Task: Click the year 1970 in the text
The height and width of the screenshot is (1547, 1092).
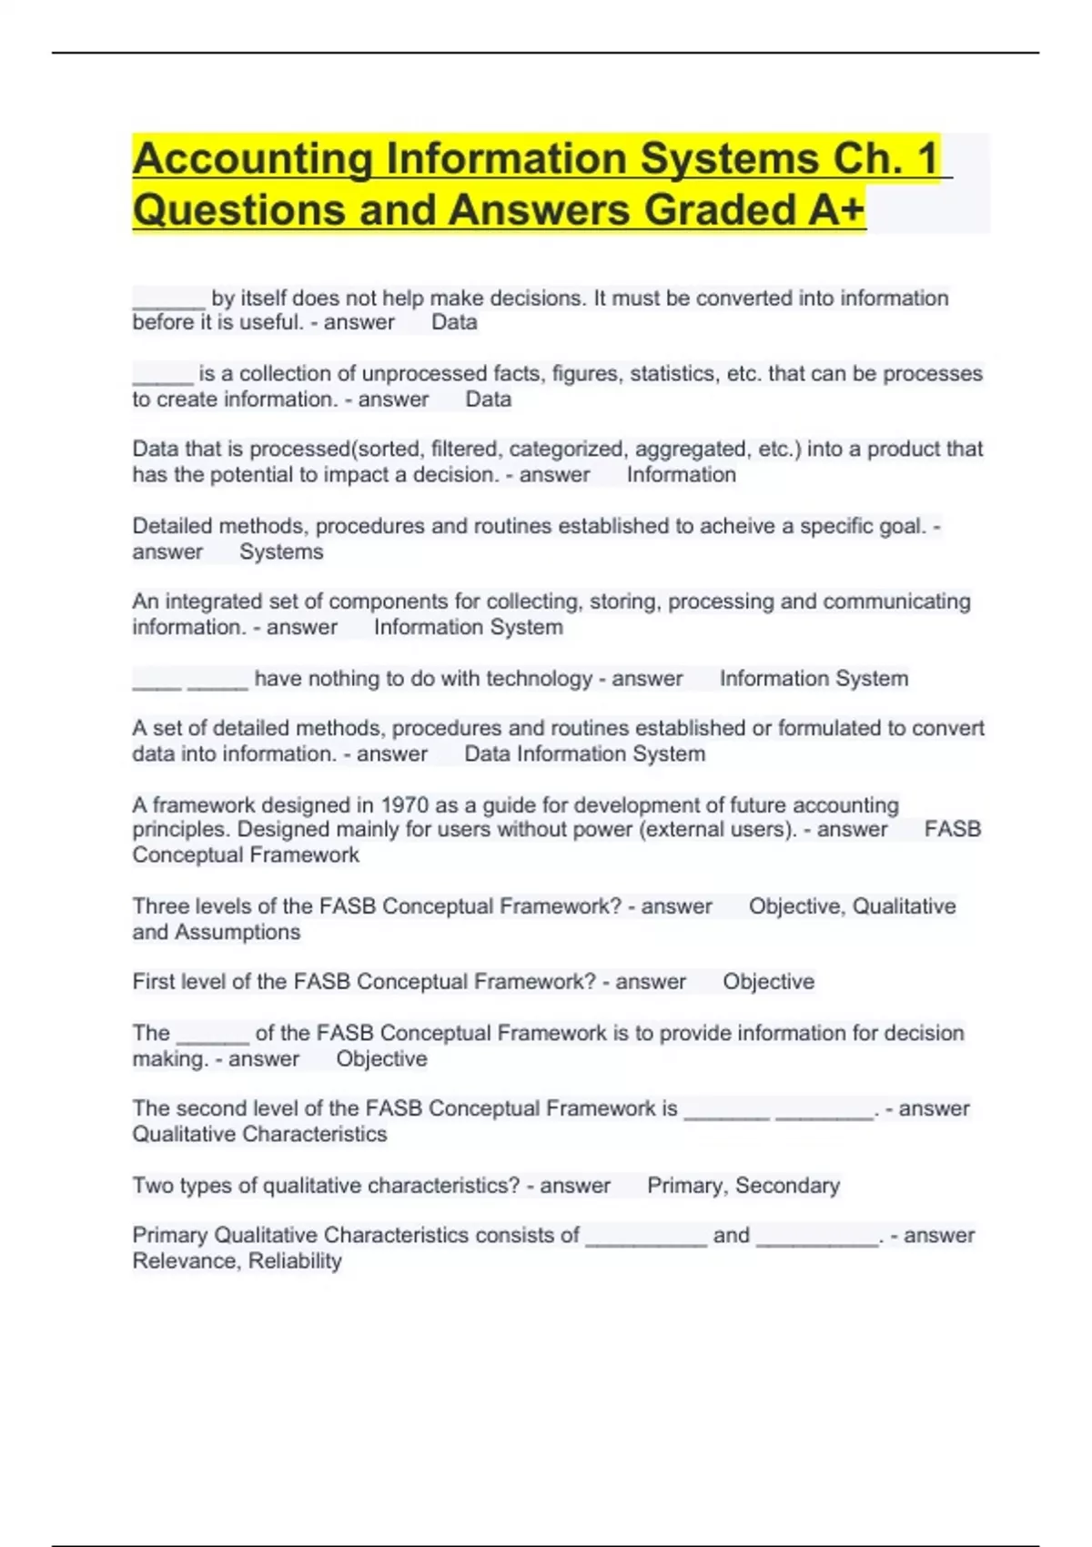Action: point(405,805)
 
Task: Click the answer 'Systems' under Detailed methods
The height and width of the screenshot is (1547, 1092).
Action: point(281,552)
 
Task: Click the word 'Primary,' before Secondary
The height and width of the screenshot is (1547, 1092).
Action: point(687,1186)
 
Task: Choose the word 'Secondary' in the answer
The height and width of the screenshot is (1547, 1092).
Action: point(787,1186)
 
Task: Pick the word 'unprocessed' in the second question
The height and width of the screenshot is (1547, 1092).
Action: point(425,374)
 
